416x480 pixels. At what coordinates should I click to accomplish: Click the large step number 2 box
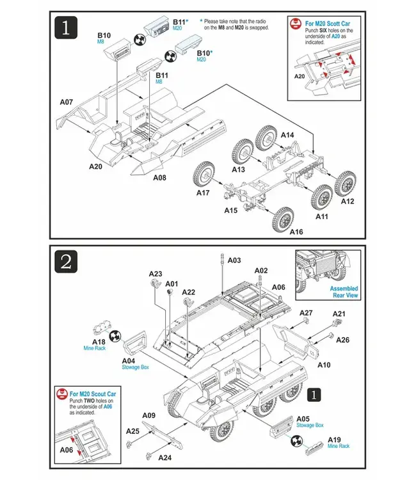coord(67,261)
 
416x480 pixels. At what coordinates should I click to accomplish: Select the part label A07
coord(66,102)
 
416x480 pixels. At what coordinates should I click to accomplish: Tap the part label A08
coord(159,177)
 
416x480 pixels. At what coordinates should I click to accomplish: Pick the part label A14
coord(288,135)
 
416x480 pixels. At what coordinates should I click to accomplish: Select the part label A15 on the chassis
coord(230,210)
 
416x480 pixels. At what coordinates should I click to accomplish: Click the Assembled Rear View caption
coord(344,292)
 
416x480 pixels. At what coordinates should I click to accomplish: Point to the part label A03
coord(234,260)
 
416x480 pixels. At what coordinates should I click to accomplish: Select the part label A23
coord(156,273)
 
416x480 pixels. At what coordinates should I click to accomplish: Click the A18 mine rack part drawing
coord(101,328)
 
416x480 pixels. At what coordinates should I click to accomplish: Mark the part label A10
coord(324,365)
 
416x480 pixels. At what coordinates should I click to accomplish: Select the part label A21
coord(339,314)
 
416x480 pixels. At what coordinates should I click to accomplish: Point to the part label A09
coord(148,415)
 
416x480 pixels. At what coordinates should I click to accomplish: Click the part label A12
coord(348,201)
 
